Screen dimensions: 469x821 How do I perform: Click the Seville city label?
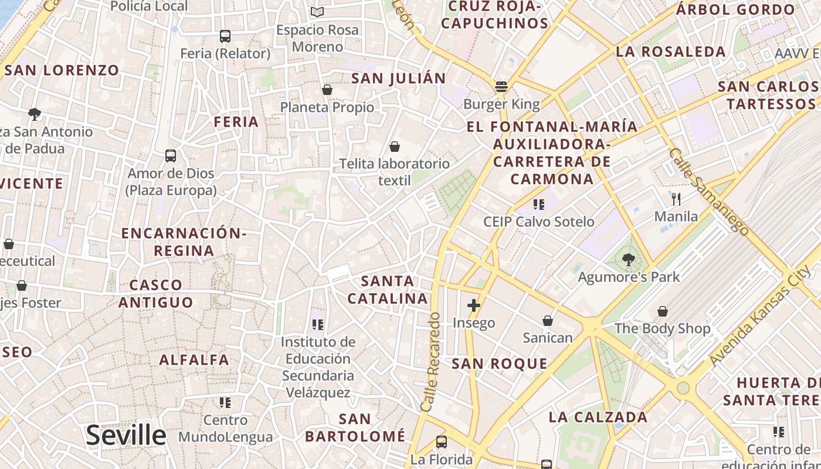click(126, 435)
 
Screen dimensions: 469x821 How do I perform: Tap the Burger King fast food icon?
click(501, 87)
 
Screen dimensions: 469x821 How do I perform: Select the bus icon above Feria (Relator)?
click(225, 36)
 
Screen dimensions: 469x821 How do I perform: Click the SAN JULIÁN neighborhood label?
click(398, 78)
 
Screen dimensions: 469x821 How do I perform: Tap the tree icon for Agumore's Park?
click(629, 259)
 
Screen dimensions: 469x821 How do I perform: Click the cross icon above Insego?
click(474, 305)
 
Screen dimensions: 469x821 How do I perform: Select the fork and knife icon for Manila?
click(676, 199)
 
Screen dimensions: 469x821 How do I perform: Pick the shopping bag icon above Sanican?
click(547, 321)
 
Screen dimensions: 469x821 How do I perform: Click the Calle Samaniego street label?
click(708, 192)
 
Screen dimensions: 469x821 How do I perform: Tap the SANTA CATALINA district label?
click(388, 290)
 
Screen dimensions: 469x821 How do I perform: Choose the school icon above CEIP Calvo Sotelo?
click(538, 205)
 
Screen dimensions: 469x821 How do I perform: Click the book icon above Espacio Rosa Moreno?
click(317, 12)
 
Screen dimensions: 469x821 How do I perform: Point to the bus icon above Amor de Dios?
click(171, 156)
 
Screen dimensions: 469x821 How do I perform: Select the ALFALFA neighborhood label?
click(194, 359)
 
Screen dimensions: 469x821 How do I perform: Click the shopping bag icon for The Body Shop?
click(662, 311)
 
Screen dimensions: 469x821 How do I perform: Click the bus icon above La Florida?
click(442, 442)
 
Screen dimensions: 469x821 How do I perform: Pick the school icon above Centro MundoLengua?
click(225, 403)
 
